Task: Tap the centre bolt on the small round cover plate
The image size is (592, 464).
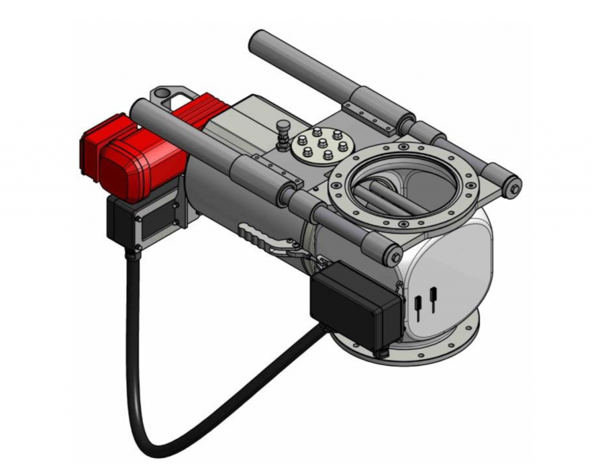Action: point(323,143)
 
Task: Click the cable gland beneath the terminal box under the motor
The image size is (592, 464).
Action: point(134,250)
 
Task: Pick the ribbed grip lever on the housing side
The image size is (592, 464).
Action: point(258,237)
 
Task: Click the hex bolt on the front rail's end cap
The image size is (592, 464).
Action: point(396,254)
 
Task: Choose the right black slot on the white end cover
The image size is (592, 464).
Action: point(432,296)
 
